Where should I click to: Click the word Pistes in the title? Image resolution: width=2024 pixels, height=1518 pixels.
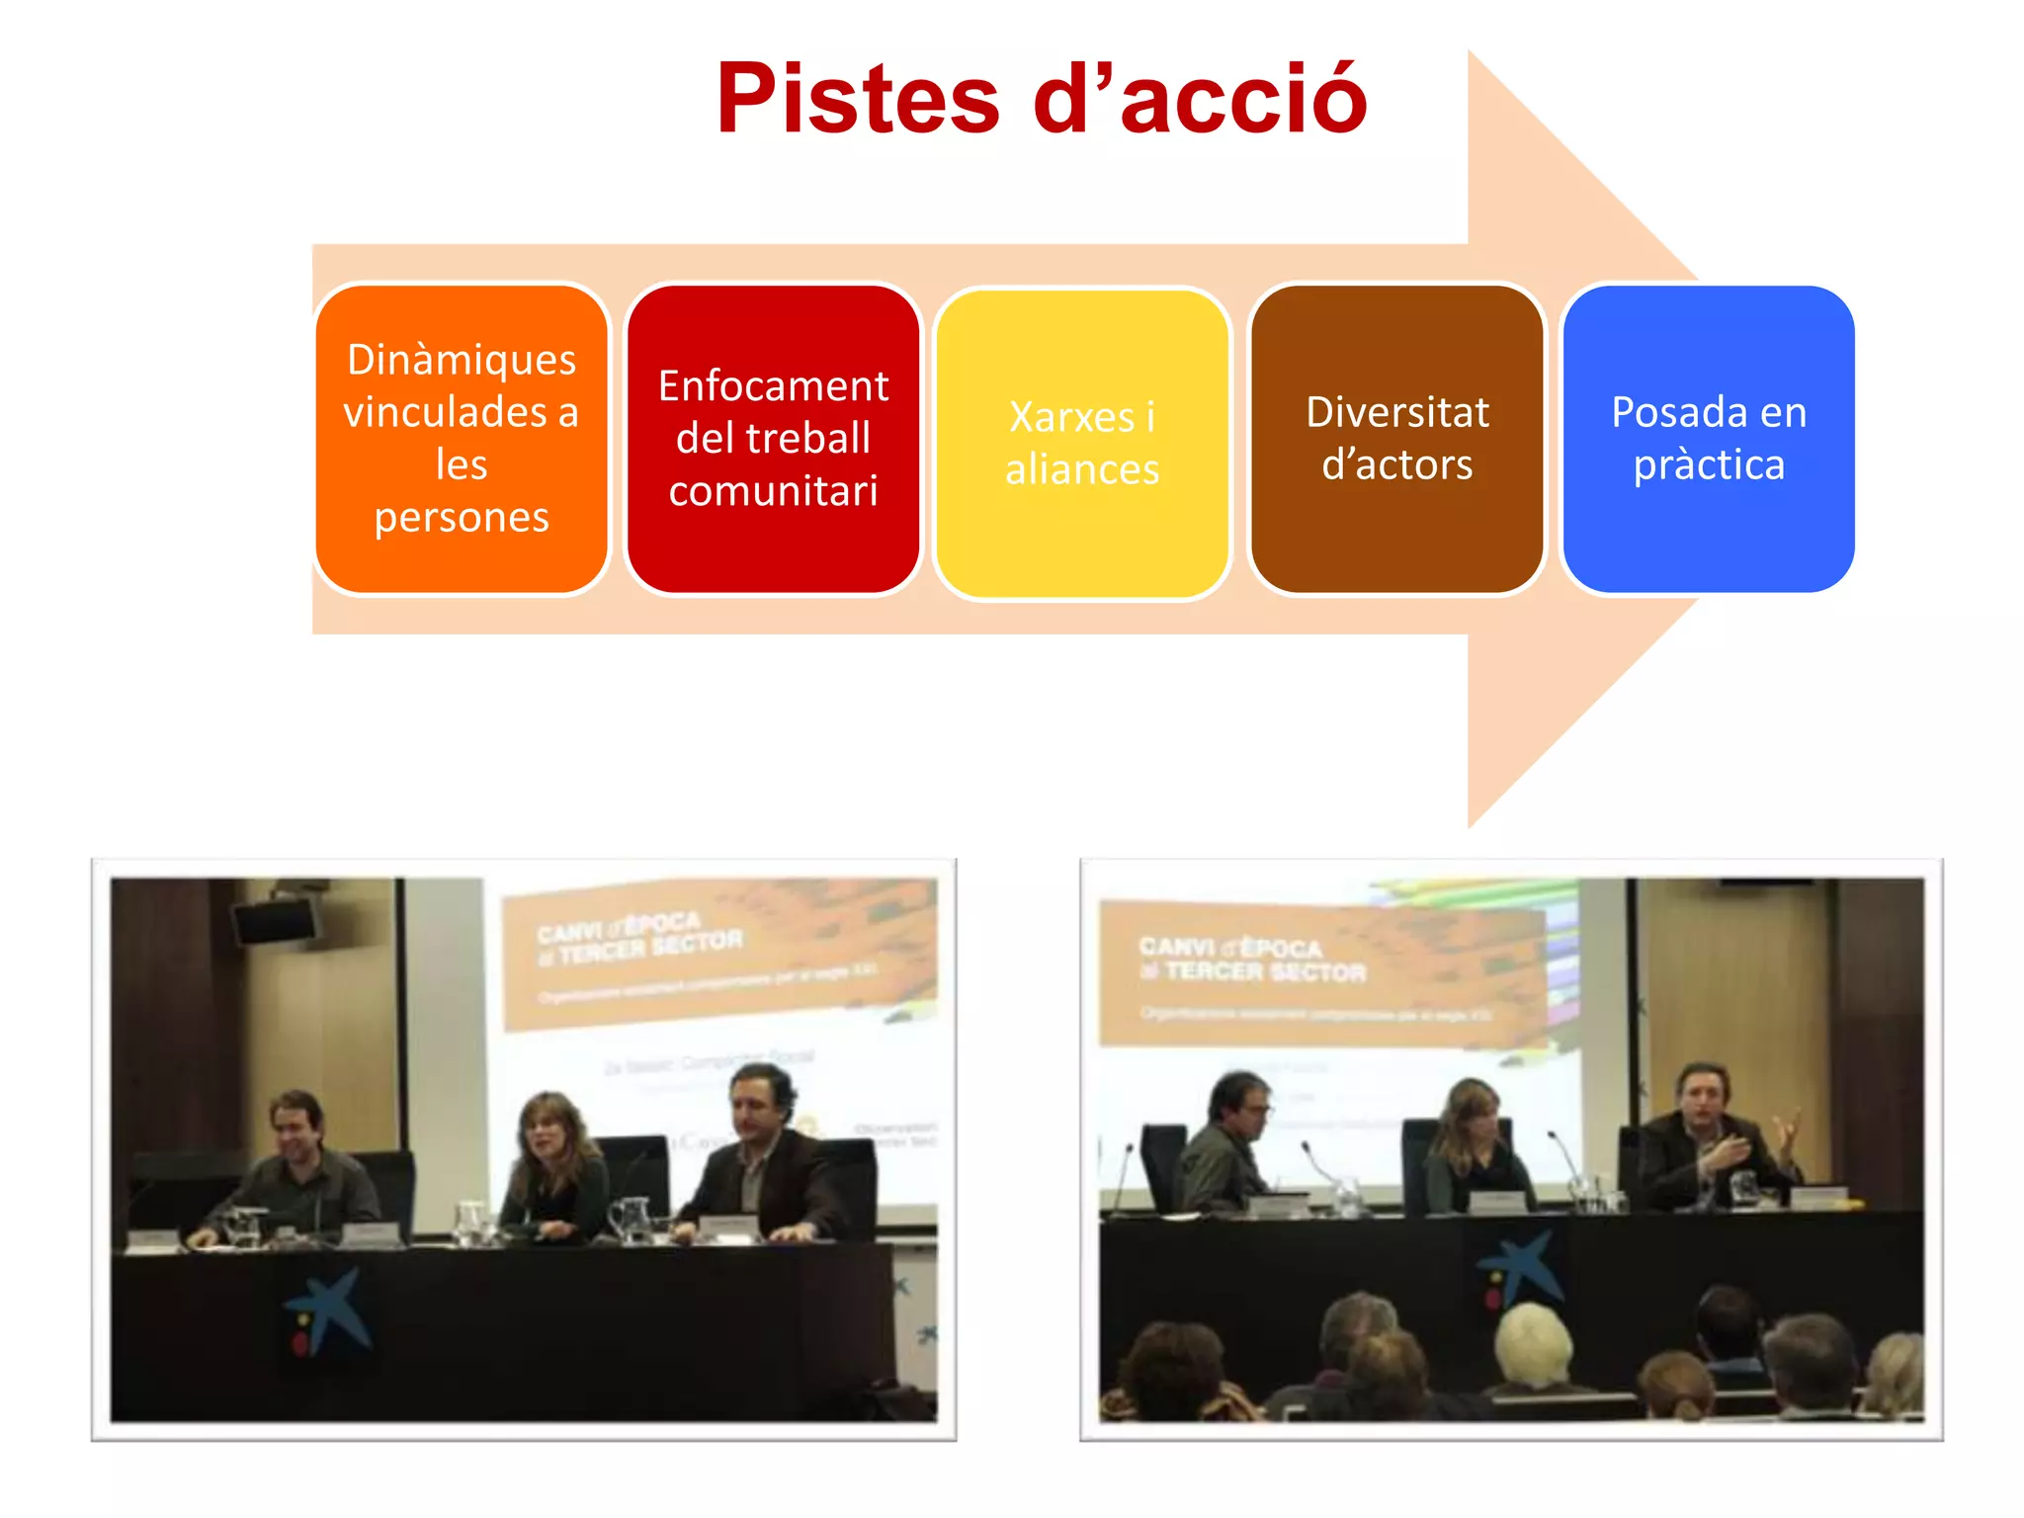click(858, 99)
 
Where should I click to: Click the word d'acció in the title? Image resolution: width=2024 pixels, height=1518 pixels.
click(1200, 99)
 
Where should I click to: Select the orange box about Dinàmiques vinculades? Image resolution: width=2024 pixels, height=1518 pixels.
click(462, 439)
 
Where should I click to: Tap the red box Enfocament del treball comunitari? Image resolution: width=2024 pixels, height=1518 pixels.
click(773, 439)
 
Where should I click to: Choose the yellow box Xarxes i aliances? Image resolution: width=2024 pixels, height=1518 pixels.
click(1082, 443)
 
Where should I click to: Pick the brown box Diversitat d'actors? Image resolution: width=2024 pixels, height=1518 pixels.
click(1396, 439)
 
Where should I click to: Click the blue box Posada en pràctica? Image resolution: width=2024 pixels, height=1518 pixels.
click(1709, 439)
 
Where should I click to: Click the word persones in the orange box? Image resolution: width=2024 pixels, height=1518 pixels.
click(462, 518)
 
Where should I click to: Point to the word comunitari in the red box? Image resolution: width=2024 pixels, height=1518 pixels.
click(773, 491)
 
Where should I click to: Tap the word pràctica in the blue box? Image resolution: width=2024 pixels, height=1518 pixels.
click(1709, 465)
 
